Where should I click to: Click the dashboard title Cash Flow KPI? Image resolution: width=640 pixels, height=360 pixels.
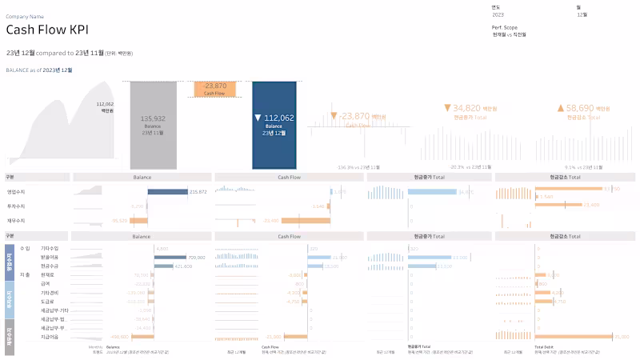coord(47,30)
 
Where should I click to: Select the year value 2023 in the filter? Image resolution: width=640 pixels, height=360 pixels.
coord(498,14)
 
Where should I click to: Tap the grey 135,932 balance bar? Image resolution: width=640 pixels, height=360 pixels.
coord(153,124)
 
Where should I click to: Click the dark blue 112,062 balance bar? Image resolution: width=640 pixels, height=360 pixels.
coord(274,124)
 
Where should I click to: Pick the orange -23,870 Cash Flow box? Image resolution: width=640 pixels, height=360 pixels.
coord(214,88)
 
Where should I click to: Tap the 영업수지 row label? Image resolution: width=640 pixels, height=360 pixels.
coord(16,191)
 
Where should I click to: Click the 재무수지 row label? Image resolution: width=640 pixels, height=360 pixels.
coord(16,219)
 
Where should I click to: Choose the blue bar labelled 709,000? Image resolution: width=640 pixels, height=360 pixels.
coord(169,258)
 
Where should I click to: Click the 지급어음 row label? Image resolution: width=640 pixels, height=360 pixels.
coord(50,336)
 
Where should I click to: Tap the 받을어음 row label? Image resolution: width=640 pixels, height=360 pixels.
coord(50,258)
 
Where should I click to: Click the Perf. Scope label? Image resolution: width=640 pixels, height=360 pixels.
coord(504,27)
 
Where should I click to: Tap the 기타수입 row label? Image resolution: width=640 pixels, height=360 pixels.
coord(50,249)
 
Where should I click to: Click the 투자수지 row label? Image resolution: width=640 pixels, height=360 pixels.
coord(16,206)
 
